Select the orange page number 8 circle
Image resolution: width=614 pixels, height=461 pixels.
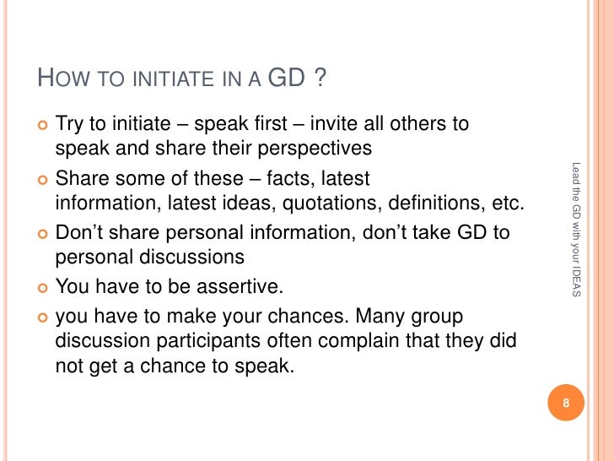click(x=567, y=403)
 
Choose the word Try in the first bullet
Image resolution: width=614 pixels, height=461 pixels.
click(x=70, y=124)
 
